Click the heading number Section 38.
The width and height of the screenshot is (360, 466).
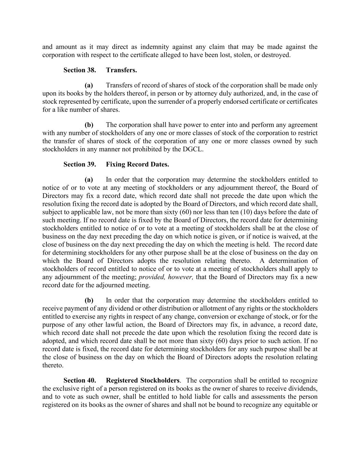[80, 70]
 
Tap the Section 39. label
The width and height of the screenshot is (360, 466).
[80, 165]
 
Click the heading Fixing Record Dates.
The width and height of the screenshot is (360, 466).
[137, 165]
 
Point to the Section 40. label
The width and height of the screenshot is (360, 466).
[80, 381]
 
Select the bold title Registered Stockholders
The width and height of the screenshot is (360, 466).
[143, 381]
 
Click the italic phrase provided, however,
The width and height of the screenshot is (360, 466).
[166, 277]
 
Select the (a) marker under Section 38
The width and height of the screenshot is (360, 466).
[89, 85]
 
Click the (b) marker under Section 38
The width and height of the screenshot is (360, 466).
[89, 125]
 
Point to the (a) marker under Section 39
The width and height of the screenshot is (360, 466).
[89, 180]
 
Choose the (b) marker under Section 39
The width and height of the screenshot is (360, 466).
[89, 300]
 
